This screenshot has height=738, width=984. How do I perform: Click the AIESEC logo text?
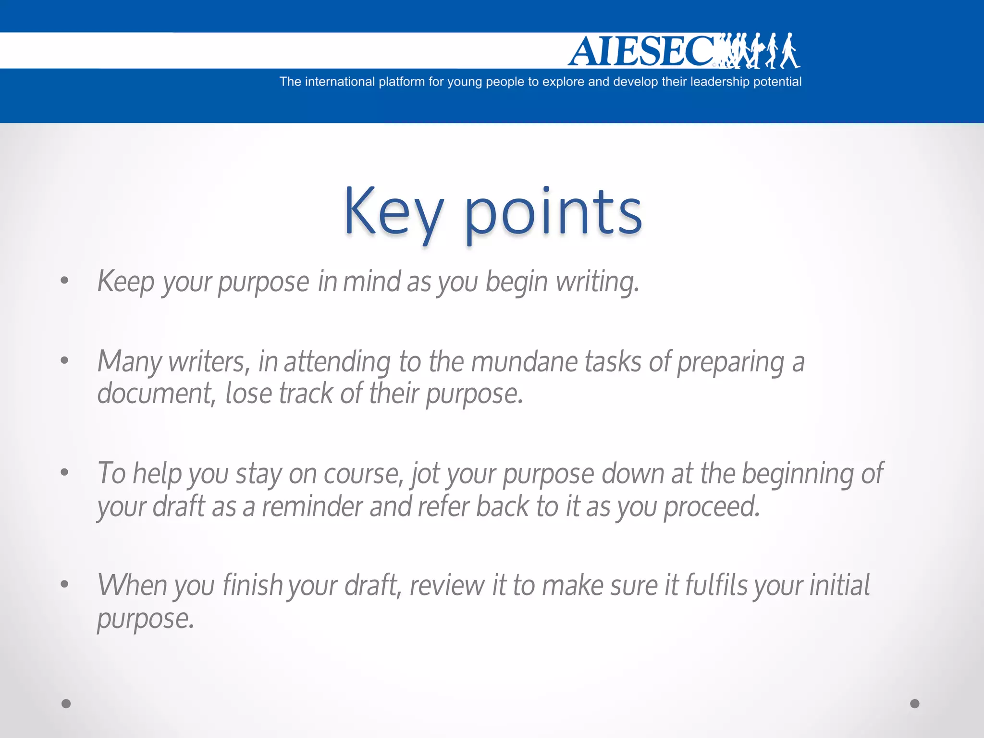tap(641, 51)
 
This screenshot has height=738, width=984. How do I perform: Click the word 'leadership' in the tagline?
tap(719, 82)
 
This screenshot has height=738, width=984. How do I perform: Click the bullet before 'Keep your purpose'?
tap(64, 280)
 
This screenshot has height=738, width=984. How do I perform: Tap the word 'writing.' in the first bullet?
tap(598, 282)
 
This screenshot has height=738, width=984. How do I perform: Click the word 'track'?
tap(306, 394)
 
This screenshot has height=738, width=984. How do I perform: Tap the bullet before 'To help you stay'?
tap(64, 472)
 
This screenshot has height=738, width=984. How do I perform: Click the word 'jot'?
tap(425, 474)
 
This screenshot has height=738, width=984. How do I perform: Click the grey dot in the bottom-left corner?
tap(66, 703)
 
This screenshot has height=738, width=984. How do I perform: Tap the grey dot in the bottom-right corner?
tap(915, 703)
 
